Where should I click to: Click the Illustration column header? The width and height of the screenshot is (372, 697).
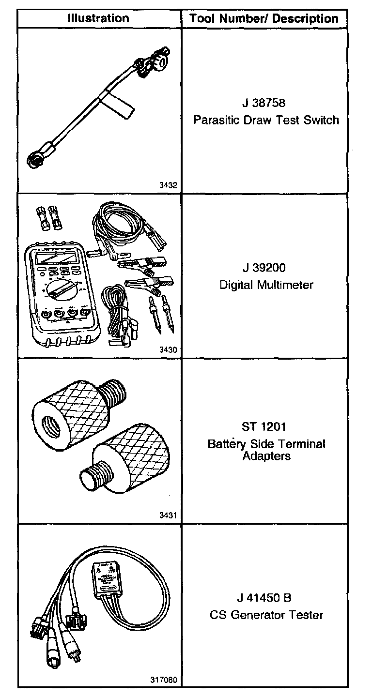point(98,19)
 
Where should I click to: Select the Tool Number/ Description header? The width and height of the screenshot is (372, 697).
point(264,19)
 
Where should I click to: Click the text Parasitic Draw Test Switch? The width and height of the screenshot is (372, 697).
point(266,120)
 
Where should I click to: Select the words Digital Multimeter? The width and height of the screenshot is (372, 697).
point(266,285)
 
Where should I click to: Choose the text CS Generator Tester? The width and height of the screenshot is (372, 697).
point(266,615)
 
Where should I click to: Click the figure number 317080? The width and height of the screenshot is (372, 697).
point(164,680)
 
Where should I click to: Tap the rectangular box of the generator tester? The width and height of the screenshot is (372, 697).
point(106,579)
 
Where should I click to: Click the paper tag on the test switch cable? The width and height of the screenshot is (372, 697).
point(112,107)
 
